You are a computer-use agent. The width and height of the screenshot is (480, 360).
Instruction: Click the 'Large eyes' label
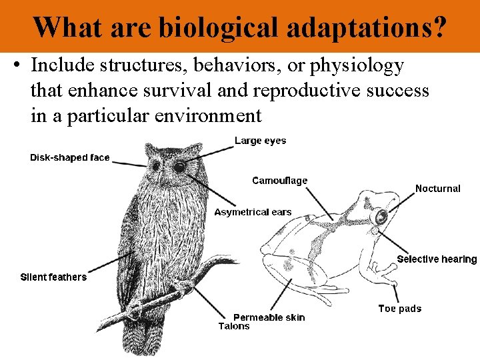tap(260, 141)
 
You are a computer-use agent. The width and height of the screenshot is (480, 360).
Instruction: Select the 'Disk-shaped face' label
tap(69, 158)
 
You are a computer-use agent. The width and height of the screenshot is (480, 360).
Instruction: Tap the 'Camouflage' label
tap(279, 181)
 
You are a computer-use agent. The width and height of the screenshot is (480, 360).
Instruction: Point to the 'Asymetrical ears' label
tap(253, 212)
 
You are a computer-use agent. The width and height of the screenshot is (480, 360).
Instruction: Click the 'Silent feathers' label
tap(53, 277)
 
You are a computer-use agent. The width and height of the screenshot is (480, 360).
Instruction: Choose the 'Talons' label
tap(234, 326)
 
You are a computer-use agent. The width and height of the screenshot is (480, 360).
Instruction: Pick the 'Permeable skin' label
tap(269, 317)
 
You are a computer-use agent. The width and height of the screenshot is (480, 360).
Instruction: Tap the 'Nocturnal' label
tap(437, 189)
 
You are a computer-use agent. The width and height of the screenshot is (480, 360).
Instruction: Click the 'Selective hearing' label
tap(437, 259)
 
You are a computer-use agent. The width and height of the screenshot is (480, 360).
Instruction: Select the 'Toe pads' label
tap(399, 308)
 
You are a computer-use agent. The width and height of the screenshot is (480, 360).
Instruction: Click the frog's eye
tap(381, 217)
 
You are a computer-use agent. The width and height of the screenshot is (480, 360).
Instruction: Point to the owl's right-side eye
tap(179, 167)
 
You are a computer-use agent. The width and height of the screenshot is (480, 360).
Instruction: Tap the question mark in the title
tap(439, 27)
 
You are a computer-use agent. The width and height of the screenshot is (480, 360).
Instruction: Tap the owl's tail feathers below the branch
tap(145, 337)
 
